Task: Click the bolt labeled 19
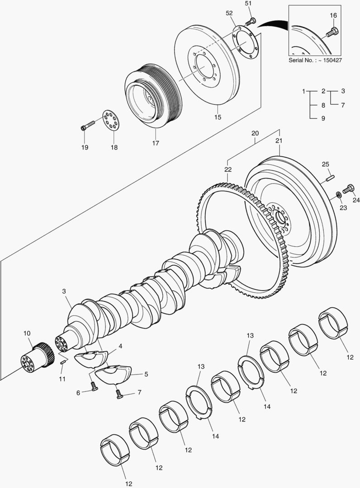click(x=88, y=125)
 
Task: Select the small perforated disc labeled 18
click(x=111, y=119)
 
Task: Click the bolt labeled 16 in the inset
click(x=333, y=32)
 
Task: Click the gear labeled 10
click(x=36, y=357)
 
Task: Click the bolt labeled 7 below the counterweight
click(x=119, y=394)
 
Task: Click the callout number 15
click(x=218, y=117)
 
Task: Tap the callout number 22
click(x=227, y=169)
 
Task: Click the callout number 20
click(x=255, y=133)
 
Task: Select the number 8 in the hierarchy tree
click(x=323, y=105)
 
